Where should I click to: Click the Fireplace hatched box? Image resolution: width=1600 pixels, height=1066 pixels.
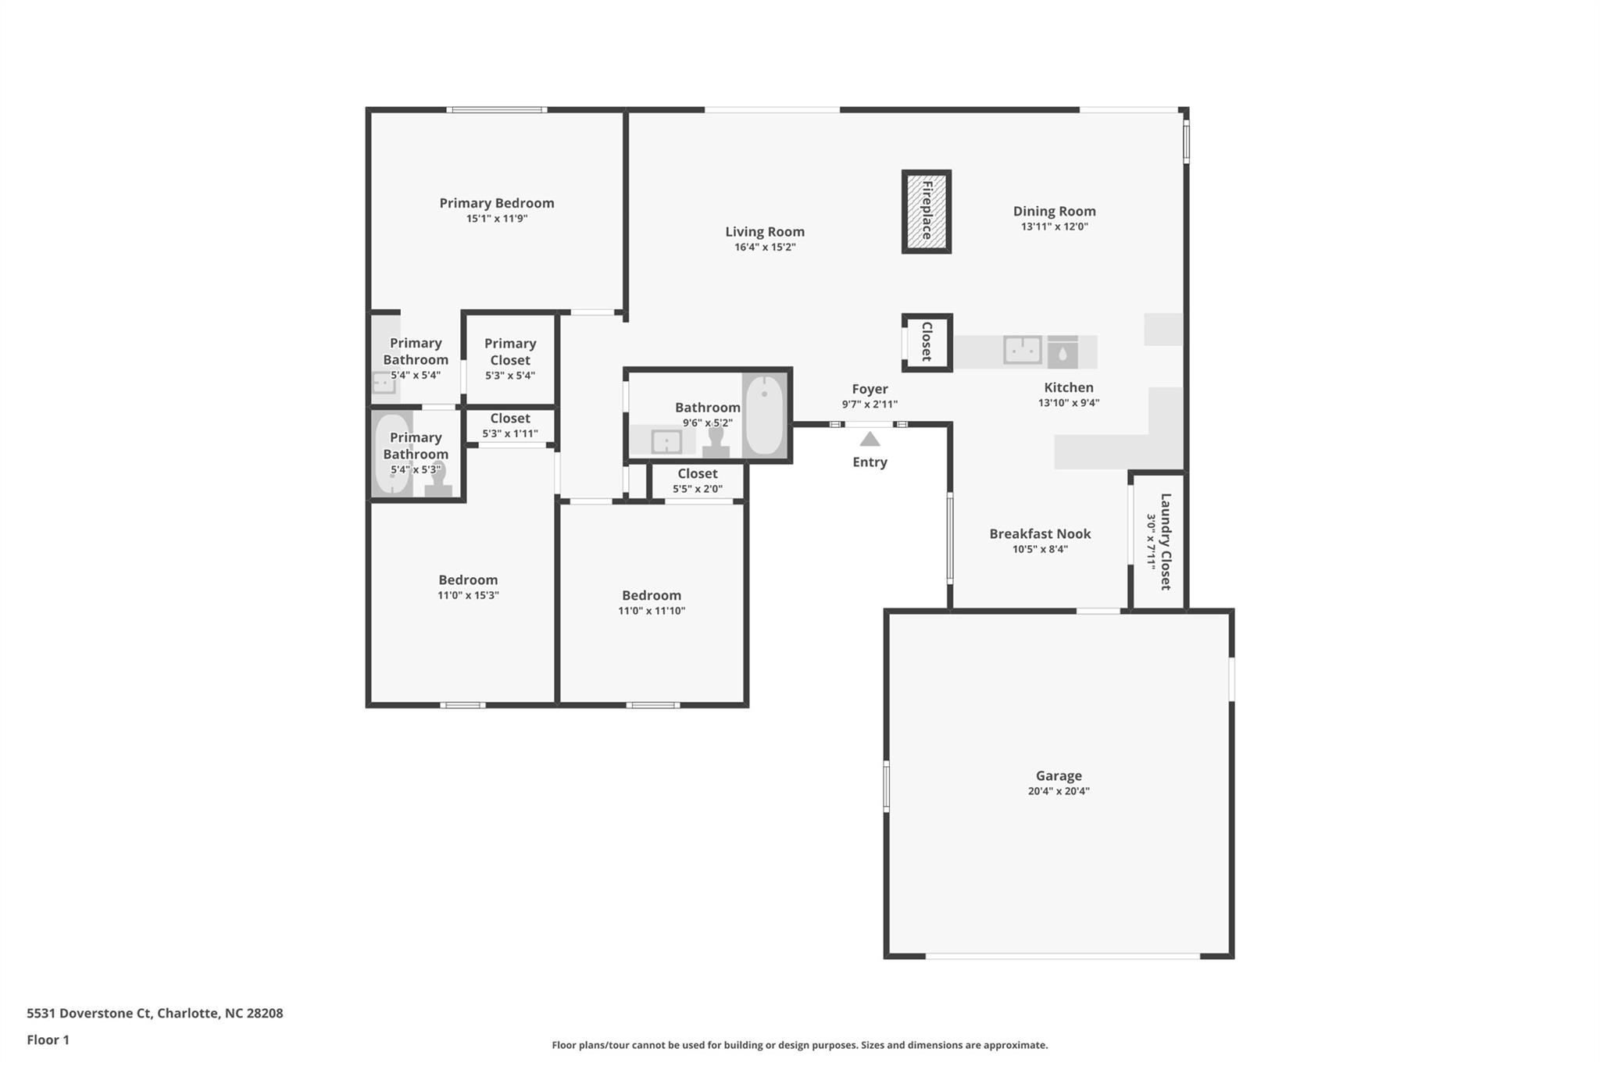point(927,212)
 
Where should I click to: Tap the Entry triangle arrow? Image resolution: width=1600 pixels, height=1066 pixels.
point(870,440)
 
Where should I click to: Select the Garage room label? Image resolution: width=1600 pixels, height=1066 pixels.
point(1059,775)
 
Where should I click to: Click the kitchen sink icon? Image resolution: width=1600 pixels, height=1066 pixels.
point(1023,351)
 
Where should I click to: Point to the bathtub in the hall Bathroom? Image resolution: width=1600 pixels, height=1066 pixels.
point(764,415)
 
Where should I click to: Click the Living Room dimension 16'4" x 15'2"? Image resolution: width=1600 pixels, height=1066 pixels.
point(765,248)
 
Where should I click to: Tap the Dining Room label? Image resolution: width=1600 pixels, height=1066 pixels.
point(1054,211)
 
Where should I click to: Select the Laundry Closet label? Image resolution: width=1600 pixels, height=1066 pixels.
point(1166,541)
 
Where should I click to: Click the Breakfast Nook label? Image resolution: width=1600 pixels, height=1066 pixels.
point(1040,533)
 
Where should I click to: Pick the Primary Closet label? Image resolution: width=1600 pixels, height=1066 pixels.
point(510,351)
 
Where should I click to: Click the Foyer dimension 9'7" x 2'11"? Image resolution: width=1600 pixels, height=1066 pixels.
point(870,405)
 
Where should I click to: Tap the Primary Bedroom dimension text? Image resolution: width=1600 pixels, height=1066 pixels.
point(497,219)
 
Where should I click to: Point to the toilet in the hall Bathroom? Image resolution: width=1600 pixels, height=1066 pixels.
point(716,442)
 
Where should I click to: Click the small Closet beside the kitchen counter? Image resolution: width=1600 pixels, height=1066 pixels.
point(927,342)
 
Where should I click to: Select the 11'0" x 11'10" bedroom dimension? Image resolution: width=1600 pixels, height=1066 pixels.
point(652,611)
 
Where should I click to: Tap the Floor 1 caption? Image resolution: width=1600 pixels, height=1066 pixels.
point(48,1039)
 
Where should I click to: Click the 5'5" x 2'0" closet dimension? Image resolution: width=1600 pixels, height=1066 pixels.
point(698,490)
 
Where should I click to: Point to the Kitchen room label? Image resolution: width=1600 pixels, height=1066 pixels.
point(1069,387)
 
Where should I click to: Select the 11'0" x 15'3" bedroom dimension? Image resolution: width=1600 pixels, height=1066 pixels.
point(468,595)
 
